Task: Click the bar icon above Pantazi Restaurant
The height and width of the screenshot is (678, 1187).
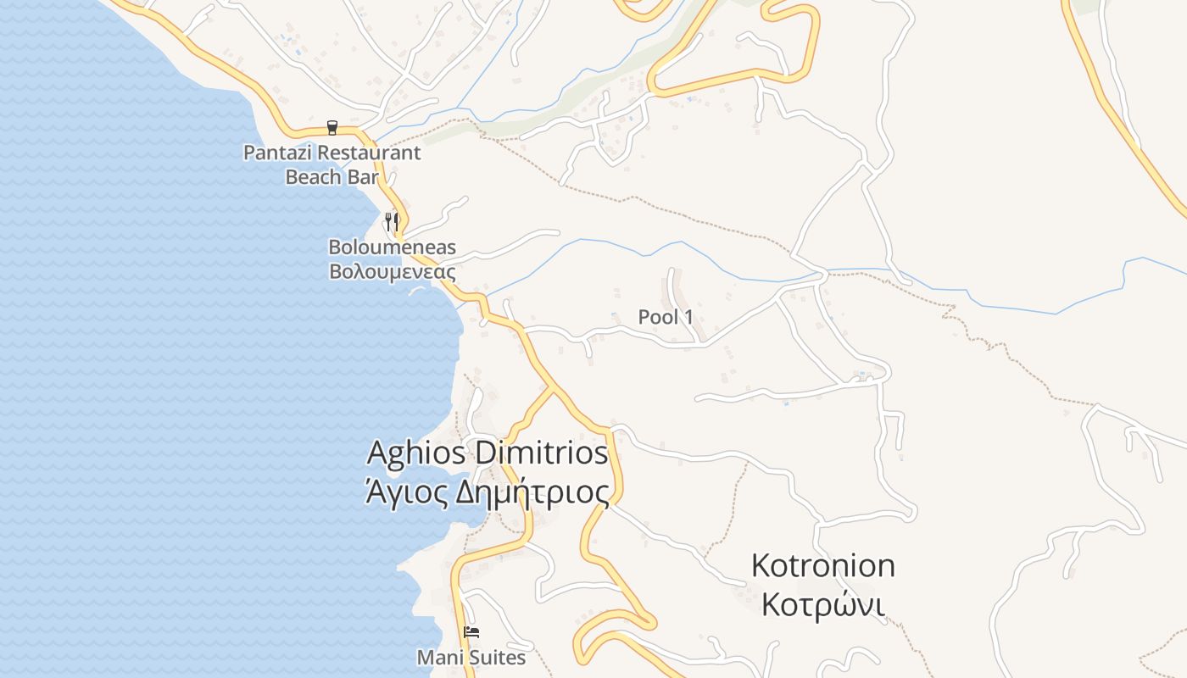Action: (332, 128)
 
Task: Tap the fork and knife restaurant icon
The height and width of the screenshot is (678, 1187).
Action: (392, 222)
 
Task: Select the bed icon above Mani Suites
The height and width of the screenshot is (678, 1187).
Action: (471, 632)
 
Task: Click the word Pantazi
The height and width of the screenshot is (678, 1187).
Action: (273, 153)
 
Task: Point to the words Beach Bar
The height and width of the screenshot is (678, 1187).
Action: (332, 177)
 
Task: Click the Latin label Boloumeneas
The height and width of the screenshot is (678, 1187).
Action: (392, 247)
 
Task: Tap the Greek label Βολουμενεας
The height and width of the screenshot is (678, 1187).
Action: (392, 272)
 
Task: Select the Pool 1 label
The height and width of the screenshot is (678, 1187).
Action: (666, 317)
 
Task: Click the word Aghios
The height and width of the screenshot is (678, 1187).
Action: (416, 453)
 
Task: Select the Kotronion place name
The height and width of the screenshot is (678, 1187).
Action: (822, 565)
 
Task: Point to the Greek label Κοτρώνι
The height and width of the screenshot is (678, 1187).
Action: (822, 605)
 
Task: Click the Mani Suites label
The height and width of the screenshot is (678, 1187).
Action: (471, 658)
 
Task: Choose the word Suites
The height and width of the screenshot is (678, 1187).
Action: (496, 658)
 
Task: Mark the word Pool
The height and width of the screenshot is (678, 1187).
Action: (658, 317)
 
